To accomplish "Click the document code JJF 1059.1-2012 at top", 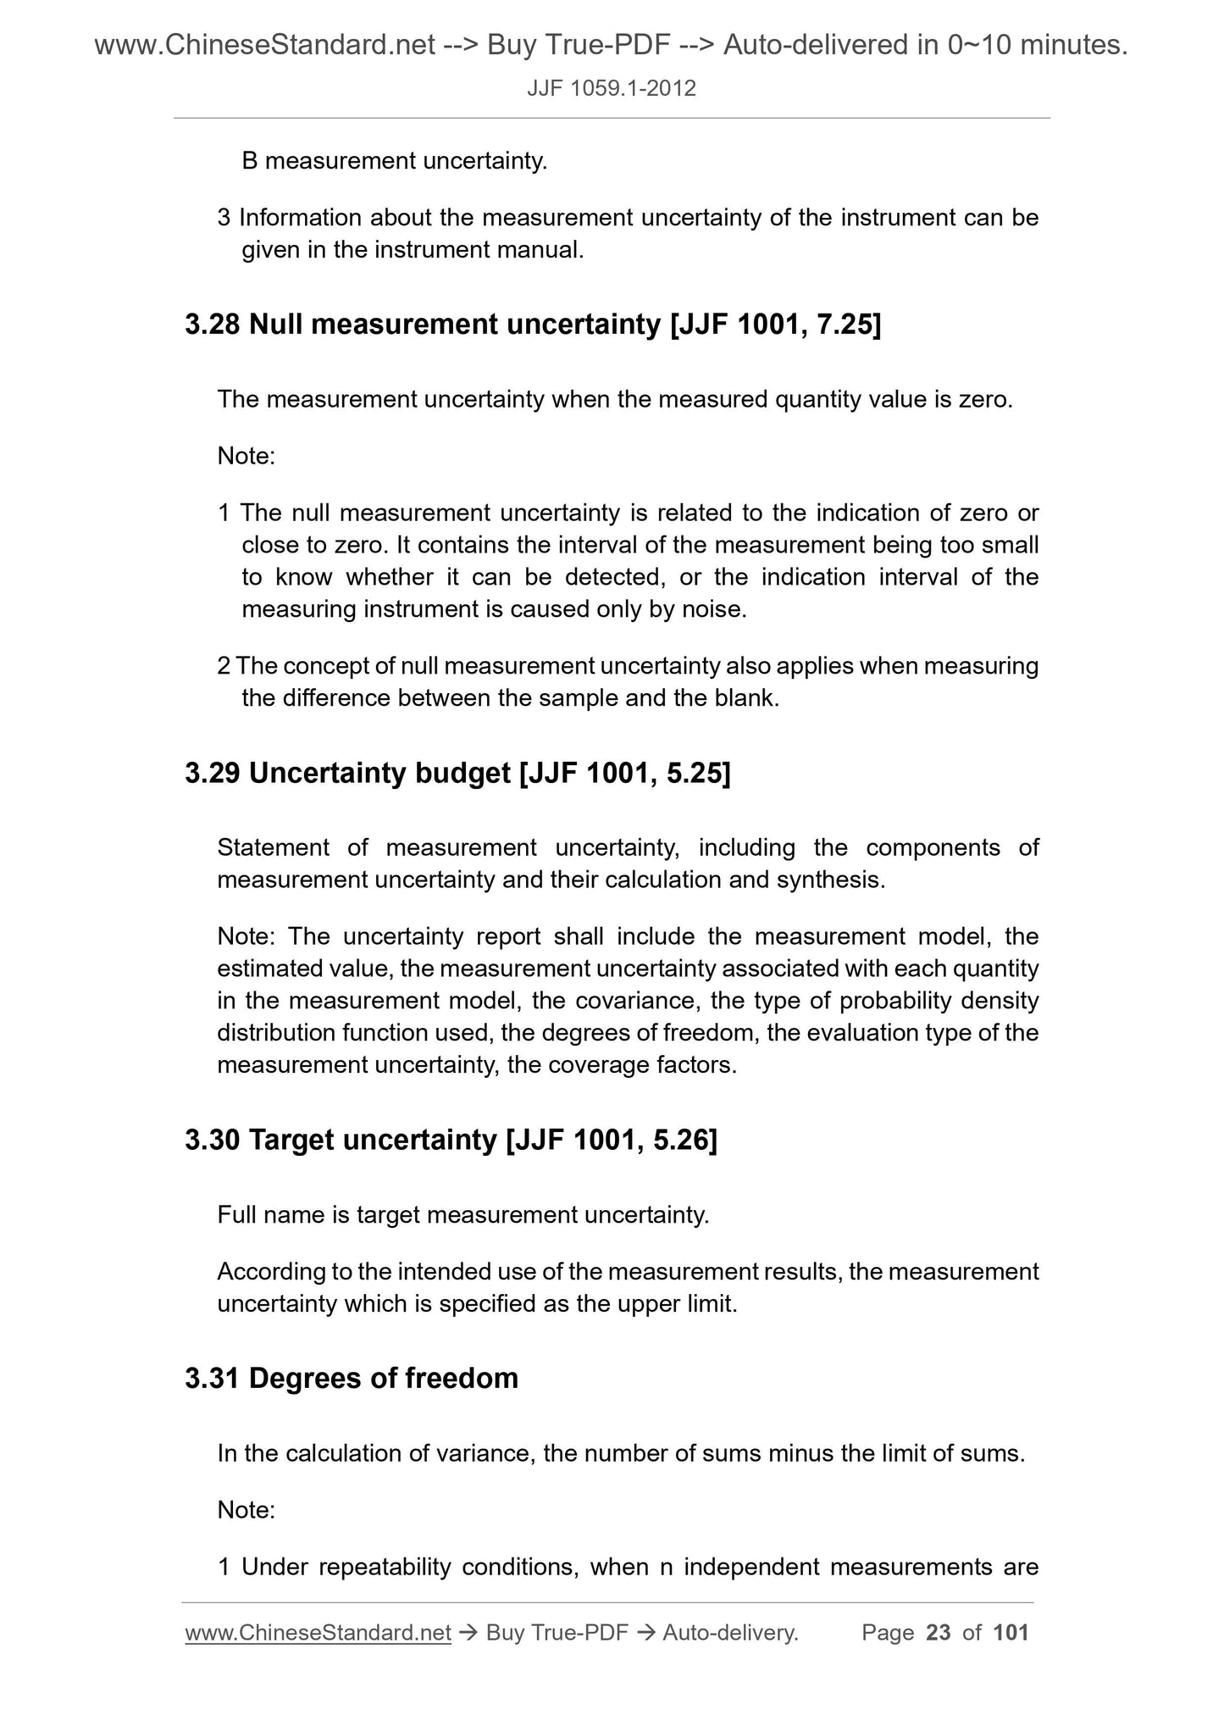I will [612, 88].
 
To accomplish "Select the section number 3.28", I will [213, 325].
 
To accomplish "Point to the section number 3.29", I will [213, 773].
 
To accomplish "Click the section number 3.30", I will [213, 1141].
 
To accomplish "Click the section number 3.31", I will [213, 1379].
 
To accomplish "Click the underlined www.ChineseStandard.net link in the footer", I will [318, 1633].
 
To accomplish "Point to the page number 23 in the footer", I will [939, 1633].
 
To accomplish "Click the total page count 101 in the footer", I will [1011, 1633].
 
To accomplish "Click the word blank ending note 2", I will [748, 698].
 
